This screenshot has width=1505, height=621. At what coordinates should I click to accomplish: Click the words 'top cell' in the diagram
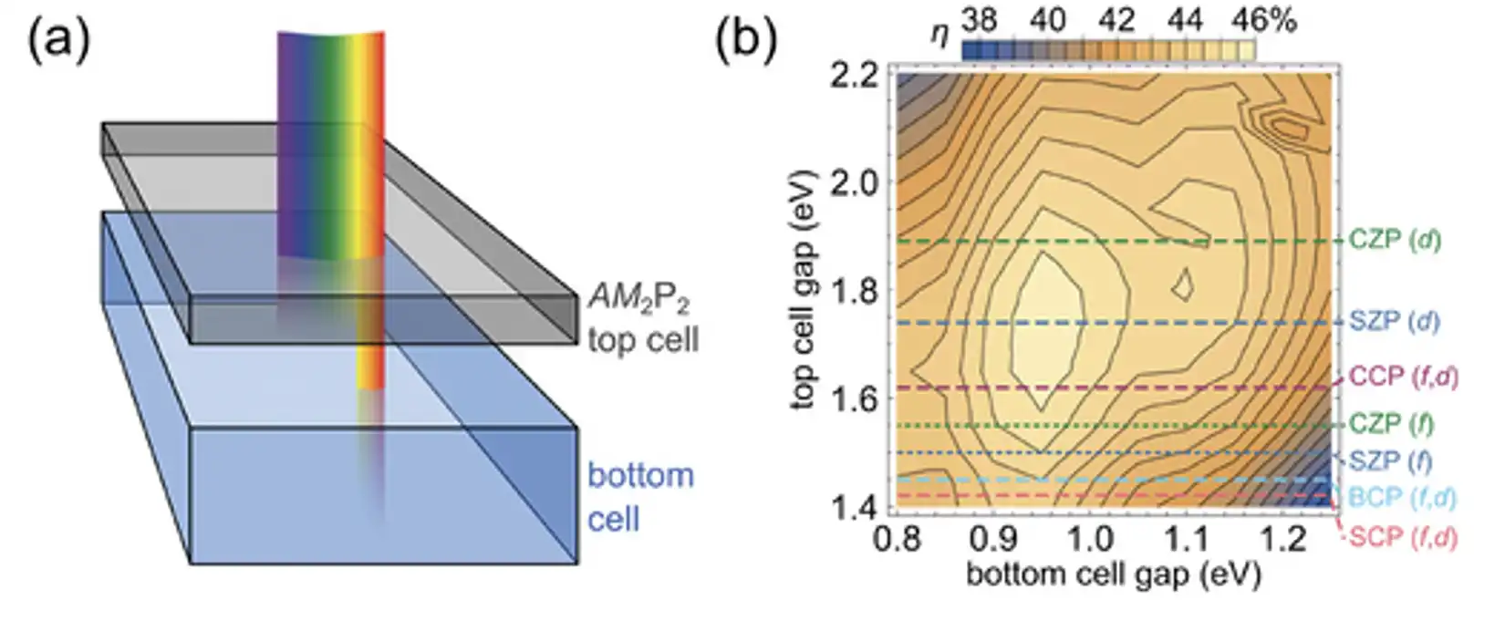[643, 340]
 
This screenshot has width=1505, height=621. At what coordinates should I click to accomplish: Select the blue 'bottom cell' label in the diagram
[640, 497]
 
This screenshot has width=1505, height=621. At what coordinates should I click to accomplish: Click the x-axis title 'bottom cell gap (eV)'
[1113, 575]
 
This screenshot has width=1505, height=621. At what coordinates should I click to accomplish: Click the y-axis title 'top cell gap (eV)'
[803, 290]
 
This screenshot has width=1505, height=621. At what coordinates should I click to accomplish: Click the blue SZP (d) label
[1395, 321]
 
